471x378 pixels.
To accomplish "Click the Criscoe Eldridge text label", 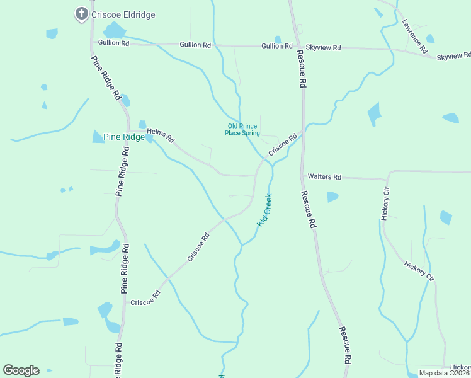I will click(123, 14).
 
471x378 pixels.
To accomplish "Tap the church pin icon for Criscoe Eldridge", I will click(81, 13).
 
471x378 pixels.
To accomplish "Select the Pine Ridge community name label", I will click(124, 137).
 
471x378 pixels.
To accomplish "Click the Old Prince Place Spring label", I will click(243, 129).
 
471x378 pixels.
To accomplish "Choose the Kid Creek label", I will click(264, 210).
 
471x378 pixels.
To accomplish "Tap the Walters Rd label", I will click(324, 177).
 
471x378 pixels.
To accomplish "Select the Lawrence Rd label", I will click(415, 35).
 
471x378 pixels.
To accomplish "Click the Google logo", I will click(21, 370).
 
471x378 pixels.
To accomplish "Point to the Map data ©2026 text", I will click(444, 373).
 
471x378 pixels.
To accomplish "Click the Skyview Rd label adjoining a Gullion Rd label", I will click(323, 47).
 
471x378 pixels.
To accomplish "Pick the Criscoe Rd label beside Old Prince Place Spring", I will click(282, 145).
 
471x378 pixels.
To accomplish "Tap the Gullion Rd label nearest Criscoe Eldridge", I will click(113, 43).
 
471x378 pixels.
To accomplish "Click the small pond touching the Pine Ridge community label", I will click(149, 139).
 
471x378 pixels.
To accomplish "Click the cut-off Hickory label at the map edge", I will click(460, 367).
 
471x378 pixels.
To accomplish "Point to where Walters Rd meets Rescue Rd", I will click(304, 176).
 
